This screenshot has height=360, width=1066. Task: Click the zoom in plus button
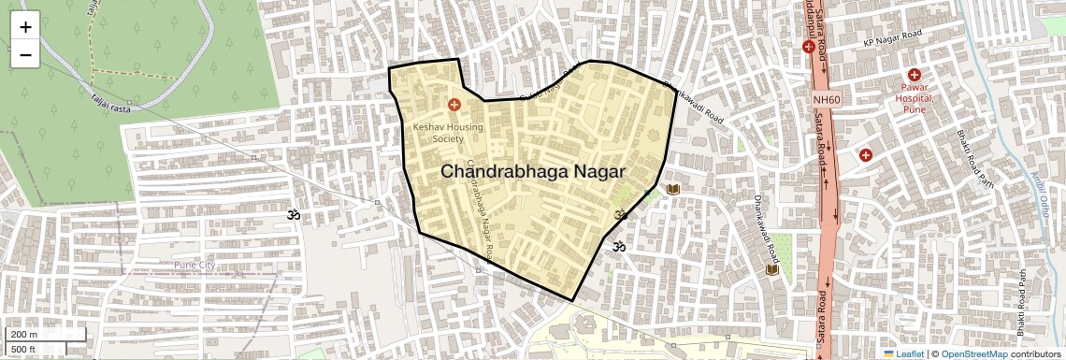(25, 26)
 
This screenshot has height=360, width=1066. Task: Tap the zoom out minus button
(25, 55)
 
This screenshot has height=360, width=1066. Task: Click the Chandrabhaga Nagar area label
(532, 171)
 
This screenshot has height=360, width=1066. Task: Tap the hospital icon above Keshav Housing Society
(454, 106)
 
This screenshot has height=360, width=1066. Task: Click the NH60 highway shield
(826, 99)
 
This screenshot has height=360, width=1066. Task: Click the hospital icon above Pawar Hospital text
(915, 75)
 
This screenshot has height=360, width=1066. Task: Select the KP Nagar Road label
(892, 37)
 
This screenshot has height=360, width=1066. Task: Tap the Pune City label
(194, 266)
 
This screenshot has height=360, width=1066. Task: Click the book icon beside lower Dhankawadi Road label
(772, 270)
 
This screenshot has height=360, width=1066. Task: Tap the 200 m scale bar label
(25, 335)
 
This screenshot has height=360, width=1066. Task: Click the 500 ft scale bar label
(24, 350)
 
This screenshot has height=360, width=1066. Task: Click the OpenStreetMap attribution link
(973, 353)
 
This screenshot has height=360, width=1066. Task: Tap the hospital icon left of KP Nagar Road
(809, 46)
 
